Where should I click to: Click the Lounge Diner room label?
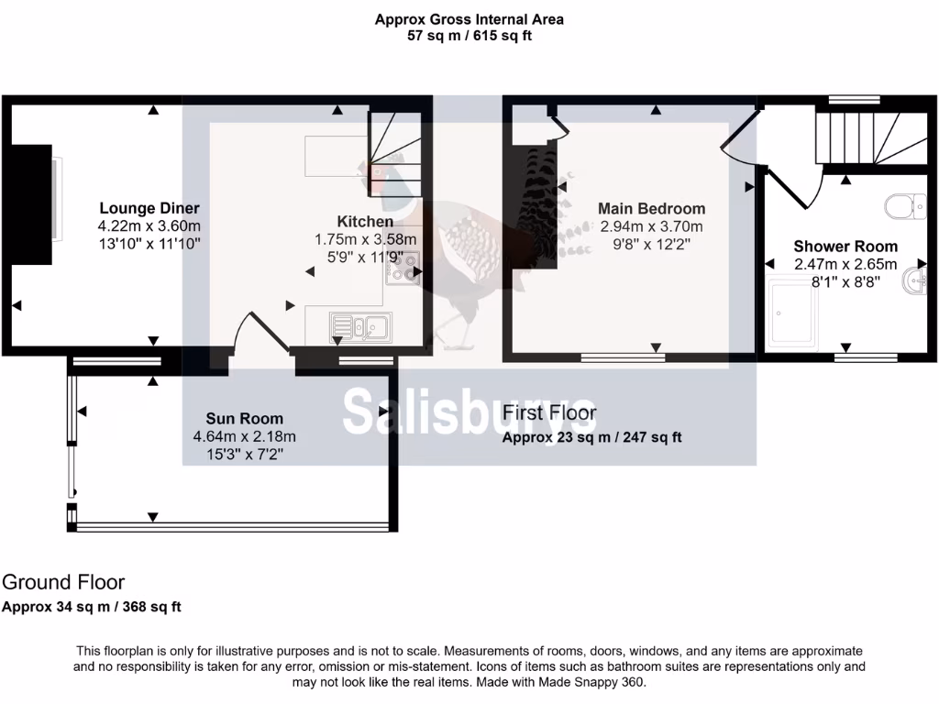(149, 208)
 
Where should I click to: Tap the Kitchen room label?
(365, 222)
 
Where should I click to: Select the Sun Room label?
(244, 419)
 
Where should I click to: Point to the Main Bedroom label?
(651, 209)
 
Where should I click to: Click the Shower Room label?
(845, 247)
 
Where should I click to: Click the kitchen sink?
(361, 325)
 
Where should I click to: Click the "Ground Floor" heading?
(63, 582)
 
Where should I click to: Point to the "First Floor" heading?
(549, 413)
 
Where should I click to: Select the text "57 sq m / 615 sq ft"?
(469, 37)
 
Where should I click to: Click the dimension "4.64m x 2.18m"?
(244, 436)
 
